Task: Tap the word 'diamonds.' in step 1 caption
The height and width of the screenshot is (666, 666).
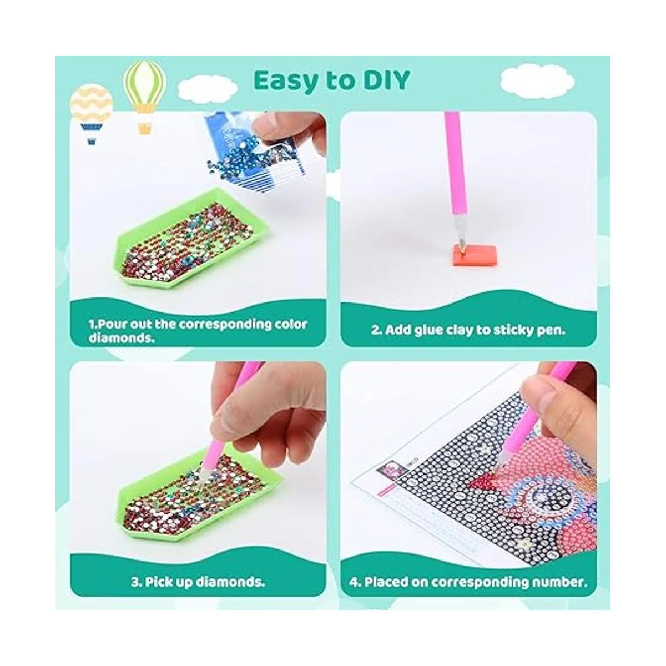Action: [121, 337]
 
